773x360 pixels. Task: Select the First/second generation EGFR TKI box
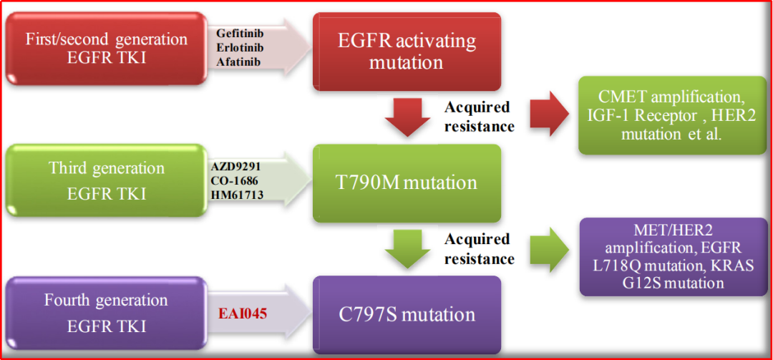(x=107, y=49)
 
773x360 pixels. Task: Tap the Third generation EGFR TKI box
(x=107, y=180)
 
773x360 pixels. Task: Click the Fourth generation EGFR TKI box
(x=107, y=313)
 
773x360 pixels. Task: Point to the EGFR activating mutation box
(x=407, y=52)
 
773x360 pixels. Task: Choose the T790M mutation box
(x=407, y=183)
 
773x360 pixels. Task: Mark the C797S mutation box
(x=407, y=315)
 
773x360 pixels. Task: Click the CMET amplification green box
(x=672, y=115)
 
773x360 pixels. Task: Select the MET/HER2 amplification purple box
(x=673, y=256)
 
